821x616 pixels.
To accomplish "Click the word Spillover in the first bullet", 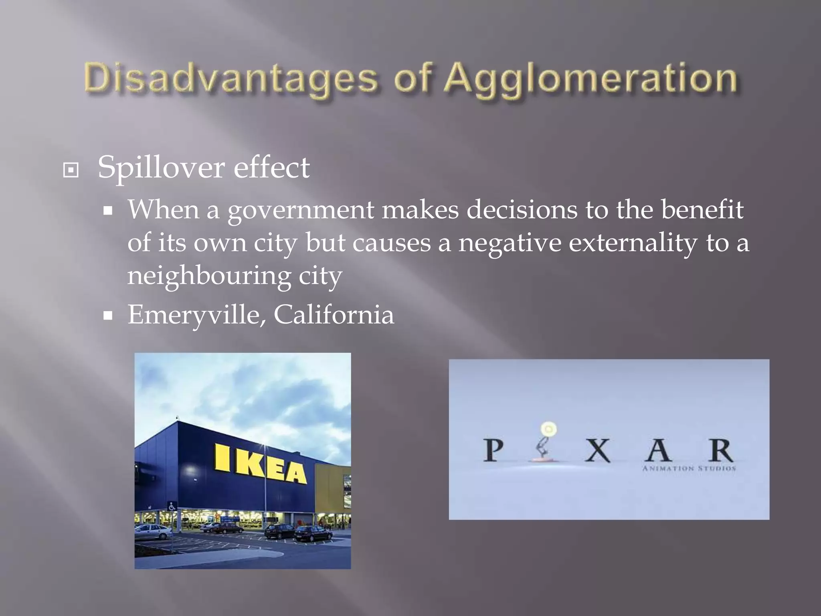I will pos(160,167).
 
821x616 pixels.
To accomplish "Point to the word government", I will pos(301,211).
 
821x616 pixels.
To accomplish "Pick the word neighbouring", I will pos(209,276).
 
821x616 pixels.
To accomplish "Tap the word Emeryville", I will pos(194,315).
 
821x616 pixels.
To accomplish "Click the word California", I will pos(334,315).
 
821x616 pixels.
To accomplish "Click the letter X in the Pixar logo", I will pos(597,451).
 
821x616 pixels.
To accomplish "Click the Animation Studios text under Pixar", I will pos(689,468).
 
